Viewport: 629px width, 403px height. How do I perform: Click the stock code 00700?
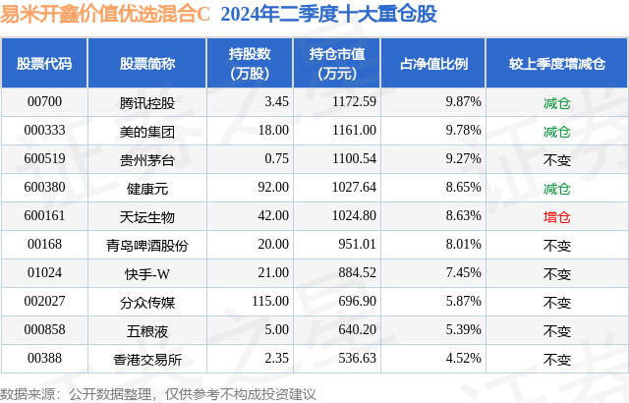click(44, 101)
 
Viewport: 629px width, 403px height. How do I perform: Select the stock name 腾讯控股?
click(146, 101)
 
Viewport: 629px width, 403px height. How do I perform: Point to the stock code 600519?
click(44, 158)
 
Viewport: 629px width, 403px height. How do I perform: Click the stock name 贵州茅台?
click(146, 158)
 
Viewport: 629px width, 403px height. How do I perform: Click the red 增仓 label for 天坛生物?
click(556, 215)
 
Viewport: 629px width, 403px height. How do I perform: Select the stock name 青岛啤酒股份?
click(146, 244)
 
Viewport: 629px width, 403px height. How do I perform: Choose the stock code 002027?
click(44, 302)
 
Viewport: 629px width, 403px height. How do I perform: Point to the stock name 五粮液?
click(146, 330)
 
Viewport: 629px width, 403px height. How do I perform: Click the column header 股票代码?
click(44, 64)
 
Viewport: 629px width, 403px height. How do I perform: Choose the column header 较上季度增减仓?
click(556, 64)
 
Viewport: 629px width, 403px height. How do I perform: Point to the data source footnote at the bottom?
click(158, 393)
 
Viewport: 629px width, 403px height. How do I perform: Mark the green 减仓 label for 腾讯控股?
click(556, 101)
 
